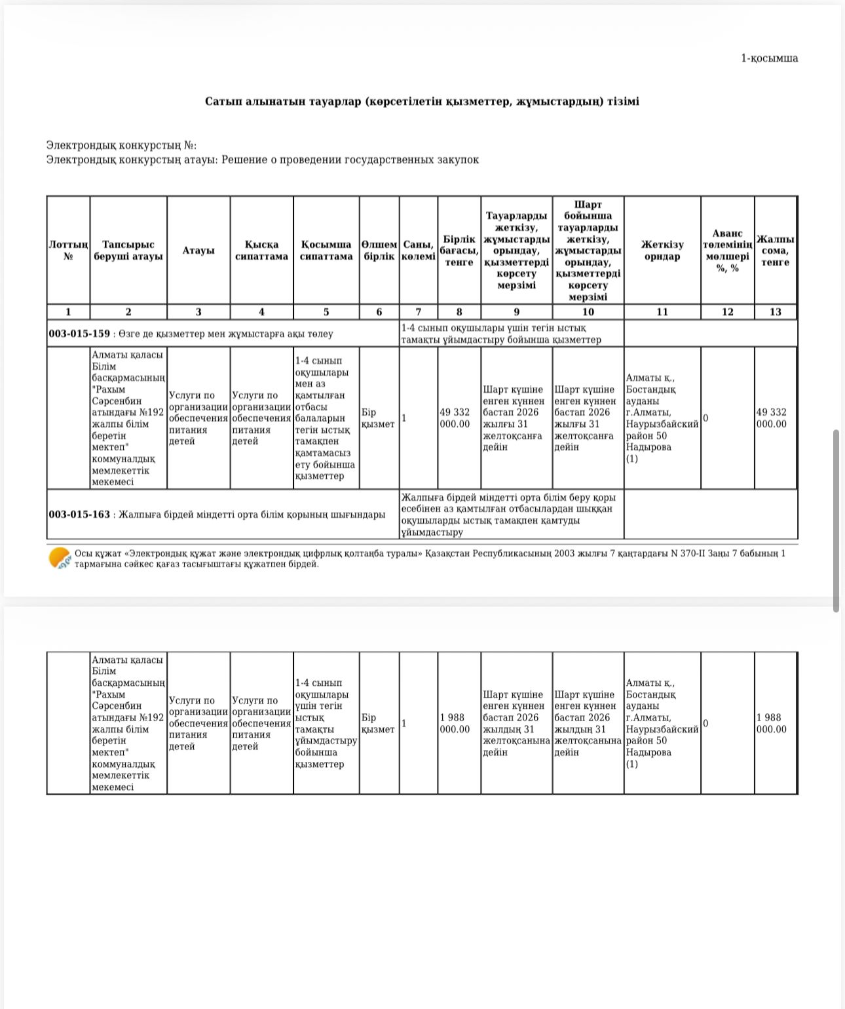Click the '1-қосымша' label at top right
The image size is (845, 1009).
point(769,58)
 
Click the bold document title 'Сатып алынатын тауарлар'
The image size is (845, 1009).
point(422,102)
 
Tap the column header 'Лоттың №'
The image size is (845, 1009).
point(68,250)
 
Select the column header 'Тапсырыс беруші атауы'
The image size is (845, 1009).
point(128,250)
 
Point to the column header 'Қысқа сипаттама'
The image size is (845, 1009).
point(261,250)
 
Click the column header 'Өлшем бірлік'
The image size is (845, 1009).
point(379,250)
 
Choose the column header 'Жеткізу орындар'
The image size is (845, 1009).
point(662,250)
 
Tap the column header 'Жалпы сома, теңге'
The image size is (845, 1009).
point(775,250)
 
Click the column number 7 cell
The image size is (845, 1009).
point(418,312)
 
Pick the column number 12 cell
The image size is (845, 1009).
point(727,312)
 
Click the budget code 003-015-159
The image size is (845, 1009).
point(79,334)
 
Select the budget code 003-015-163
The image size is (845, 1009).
point(79,515)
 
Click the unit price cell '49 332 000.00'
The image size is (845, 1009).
point(455,418)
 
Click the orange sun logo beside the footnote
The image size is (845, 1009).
point(60,558)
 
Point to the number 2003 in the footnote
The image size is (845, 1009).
point(564,553)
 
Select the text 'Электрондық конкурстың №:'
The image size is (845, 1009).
point(121,146)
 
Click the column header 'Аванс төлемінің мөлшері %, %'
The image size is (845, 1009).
point(727,250)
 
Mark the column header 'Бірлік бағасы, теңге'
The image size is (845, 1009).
point(459,250)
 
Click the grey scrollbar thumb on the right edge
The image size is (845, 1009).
point(836,521)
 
